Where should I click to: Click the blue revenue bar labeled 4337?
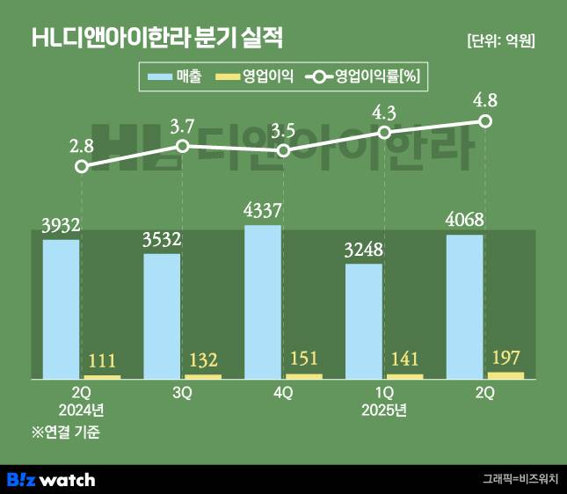tap(263, 301)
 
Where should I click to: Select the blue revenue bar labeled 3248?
tap(363, 321)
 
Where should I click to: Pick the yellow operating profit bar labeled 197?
tap(505, 375)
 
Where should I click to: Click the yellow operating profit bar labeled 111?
tap(103, 377)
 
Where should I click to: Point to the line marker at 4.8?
tap(484, 120)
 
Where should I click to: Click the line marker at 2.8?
tap(82, 165)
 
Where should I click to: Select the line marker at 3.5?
tap(283, 151)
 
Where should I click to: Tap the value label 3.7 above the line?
tap(182, 126)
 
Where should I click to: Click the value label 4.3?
tap(383, 112)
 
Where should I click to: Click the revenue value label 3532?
tap(162, 240)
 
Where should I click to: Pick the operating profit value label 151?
tap(303, 360)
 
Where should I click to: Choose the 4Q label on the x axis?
tap(283, 394)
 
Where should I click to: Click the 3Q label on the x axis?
tap(182, 394)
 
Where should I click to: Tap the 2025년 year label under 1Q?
tap(384, 410)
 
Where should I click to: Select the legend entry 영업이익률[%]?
tap(362, 77)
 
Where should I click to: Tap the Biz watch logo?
tap(51, 480)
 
